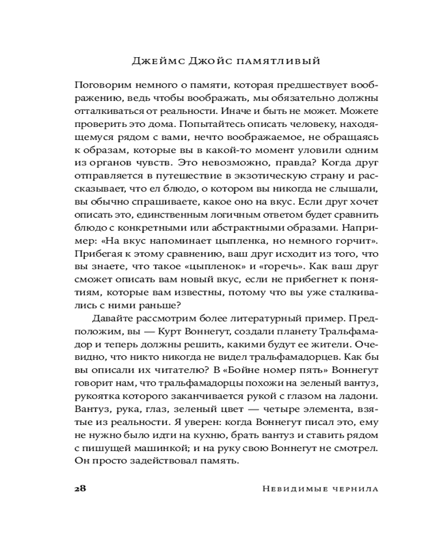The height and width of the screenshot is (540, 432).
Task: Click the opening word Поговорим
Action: click(100, 86)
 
